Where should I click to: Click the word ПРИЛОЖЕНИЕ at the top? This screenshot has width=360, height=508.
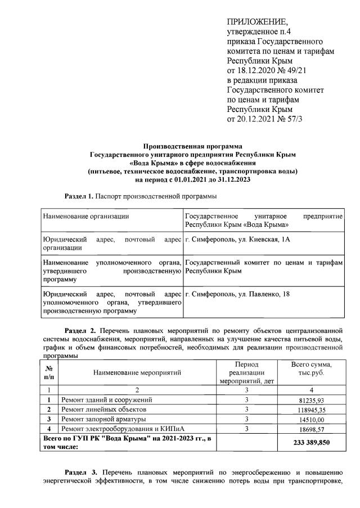point(257,23)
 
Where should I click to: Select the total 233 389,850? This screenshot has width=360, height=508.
point(311,443)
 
